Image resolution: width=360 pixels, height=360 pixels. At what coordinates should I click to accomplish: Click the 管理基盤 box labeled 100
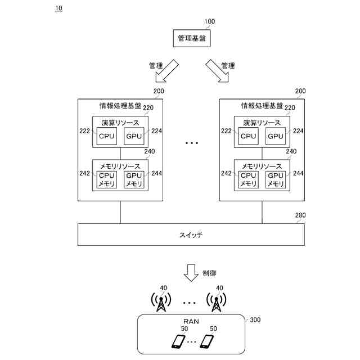[192, 38]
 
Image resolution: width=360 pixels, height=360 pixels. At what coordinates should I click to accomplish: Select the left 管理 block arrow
[167, 71]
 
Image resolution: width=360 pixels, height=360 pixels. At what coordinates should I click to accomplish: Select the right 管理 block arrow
[217, 71]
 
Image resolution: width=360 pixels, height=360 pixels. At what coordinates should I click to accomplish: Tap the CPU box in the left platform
[106, 136]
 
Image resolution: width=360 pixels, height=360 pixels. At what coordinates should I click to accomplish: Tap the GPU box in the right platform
[276, 136]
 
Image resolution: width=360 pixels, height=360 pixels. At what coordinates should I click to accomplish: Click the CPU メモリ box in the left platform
[106, 179]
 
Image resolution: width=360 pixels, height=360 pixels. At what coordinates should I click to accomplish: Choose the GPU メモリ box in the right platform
[276, 179]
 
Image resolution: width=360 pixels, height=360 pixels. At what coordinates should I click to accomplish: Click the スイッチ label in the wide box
[191, 235]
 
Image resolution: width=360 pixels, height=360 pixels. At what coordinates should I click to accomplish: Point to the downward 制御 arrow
[191, 273]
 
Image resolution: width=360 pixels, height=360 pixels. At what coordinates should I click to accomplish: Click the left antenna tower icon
[161, 302]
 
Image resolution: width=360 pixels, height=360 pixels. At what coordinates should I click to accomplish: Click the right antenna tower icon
[216, 302]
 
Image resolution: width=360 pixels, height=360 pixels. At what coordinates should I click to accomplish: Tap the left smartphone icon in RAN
[178, 342]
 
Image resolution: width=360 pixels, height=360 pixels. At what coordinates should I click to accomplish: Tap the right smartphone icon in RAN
[207, 342]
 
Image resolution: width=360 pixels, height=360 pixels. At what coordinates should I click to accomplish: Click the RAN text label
[191, 321]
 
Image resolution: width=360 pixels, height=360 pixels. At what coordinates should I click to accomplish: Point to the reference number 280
[300, 215]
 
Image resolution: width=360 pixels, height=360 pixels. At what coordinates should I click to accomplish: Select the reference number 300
[255, 320]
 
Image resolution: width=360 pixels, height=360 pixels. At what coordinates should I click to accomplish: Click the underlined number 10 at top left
[58, 8]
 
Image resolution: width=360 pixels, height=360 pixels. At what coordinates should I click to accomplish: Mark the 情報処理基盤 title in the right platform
[262, 106]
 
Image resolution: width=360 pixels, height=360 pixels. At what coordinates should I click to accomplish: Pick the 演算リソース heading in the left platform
[120, 123]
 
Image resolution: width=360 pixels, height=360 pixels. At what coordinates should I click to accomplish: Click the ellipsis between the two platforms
[192, 143]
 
